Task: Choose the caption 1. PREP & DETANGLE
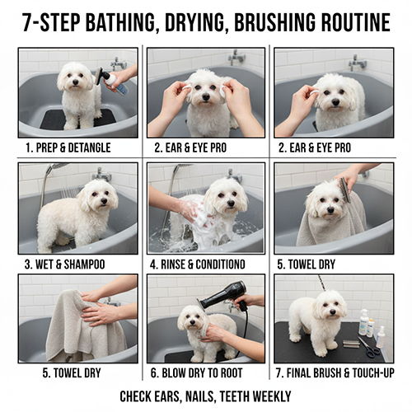68,147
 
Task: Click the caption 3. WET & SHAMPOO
65,265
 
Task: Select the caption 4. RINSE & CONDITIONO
198,265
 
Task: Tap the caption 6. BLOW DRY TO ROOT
196,373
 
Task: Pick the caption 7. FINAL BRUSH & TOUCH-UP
335,373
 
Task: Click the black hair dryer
227,298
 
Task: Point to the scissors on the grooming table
368,347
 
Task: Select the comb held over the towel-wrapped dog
344,190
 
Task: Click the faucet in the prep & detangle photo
119,64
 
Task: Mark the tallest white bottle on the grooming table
363,322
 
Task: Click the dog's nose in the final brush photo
333,312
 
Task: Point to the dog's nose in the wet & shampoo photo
104,201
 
